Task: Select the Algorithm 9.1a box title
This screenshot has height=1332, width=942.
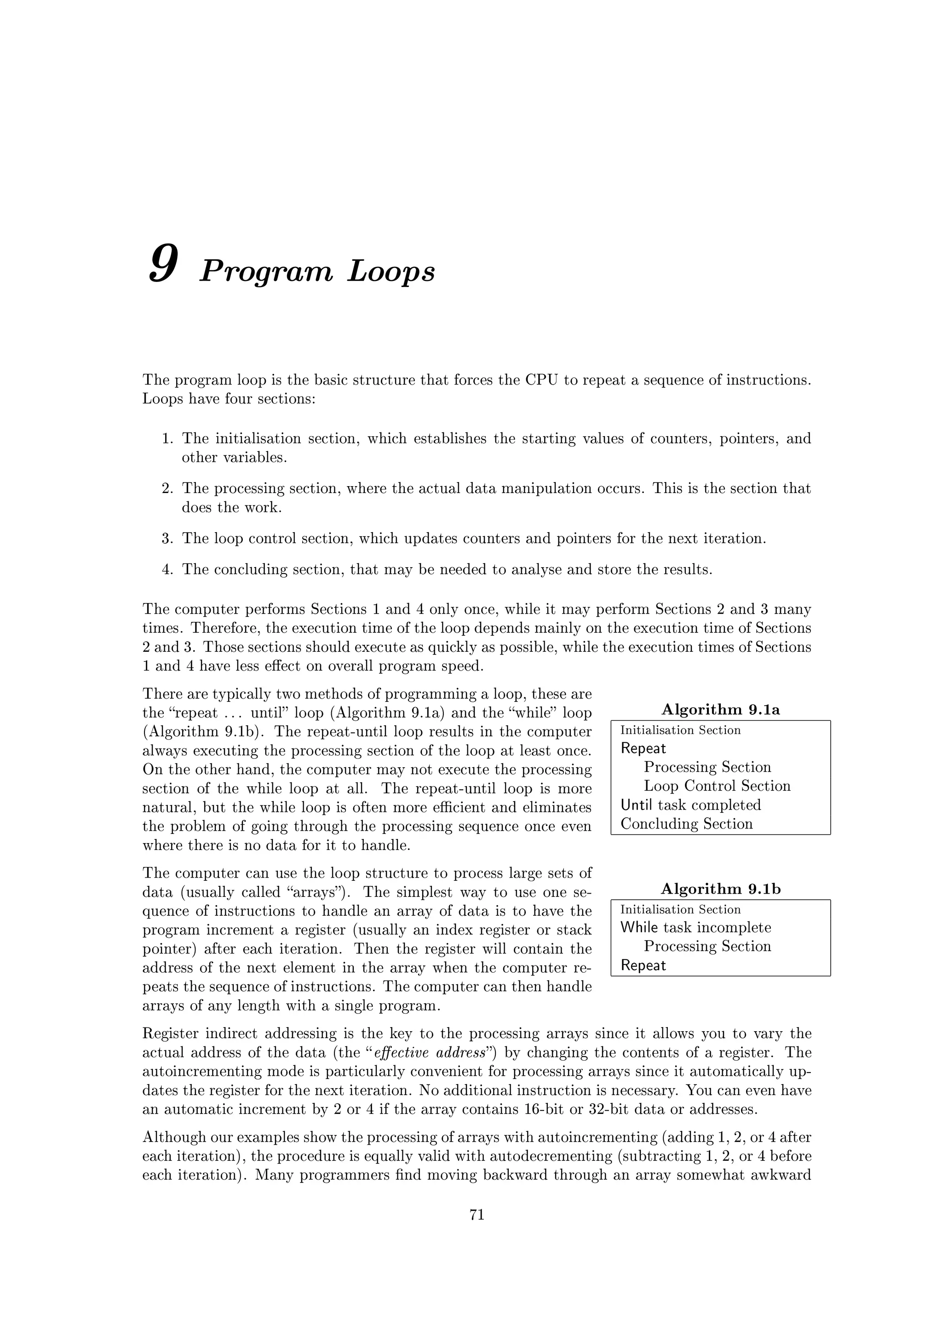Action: point(720,710)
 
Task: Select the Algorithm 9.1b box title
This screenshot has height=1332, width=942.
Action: point(720,889)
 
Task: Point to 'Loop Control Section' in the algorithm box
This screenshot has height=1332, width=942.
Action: point(717,786)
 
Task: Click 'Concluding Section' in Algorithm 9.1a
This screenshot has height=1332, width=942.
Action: point(686,824)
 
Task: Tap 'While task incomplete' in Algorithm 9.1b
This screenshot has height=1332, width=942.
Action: point(695,927)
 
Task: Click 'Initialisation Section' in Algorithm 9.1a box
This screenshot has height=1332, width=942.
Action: point(680,730)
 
